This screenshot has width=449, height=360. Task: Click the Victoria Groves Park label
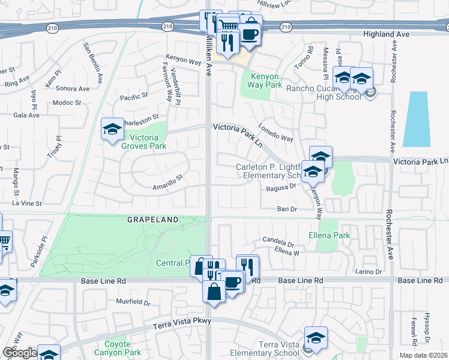click(x=143, y=140)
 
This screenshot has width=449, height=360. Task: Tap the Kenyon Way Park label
click(x=264, y=81)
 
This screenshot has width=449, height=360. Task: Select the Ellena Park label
click(x=329, y=236)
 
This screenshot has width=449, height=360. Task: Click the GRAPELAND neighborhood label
click(x=153, y=220)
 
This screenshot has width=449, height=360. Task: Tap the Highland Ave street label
click(x=386, y=35)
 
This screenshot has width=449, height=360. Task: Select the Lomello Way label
click(x=276, y=133)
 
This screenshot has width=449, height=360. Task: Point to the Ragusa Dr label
click(x=282, y=187)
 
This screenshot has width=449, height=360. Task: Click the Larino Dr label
click(x=368, y=272)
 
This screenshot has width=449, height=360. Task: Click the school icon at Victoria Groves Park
click(x=112, y=129)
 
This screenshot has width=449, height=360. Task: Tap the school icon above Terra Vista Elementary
click(x=315, y=338)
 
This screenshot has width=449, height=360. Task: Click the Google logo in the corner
click(x=20, y=353)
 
